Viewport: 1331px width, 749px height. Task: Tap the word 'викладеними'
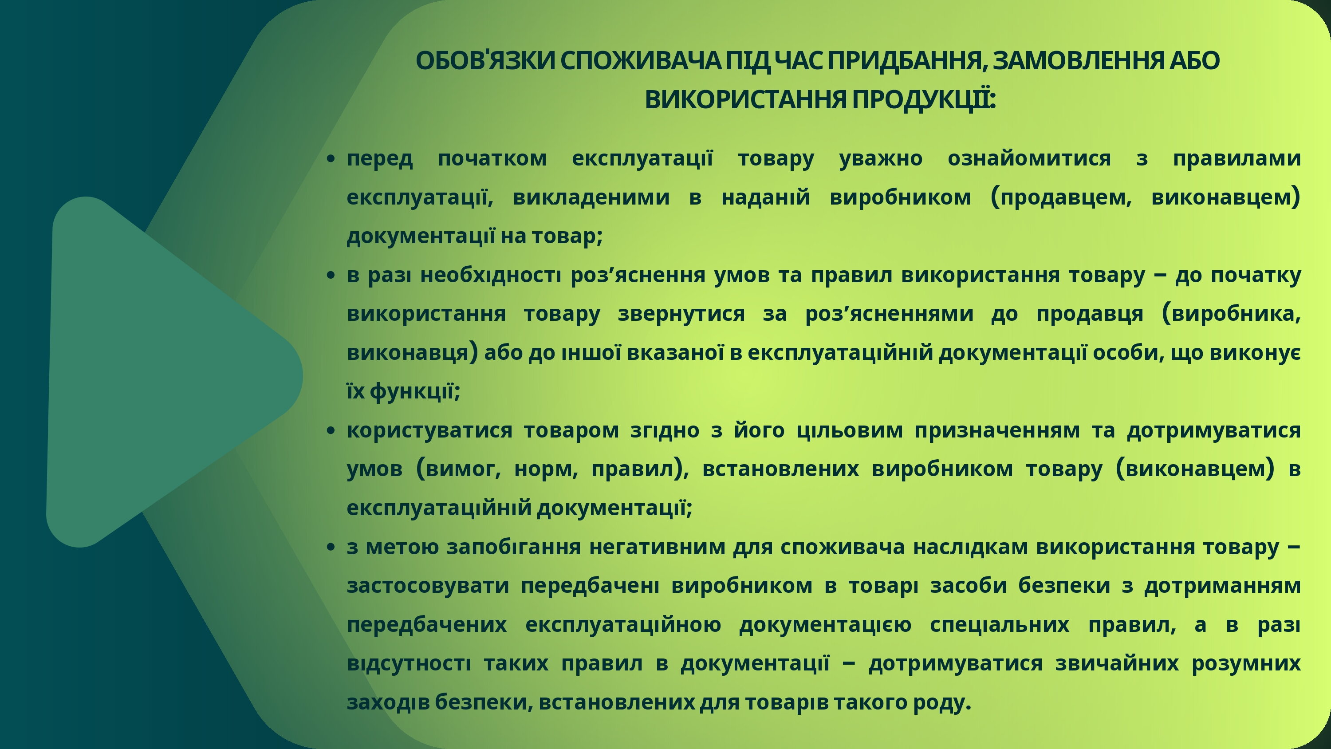(x=591, y=197)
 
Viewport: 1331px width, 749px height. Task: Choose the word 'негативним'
(x=657, y=548)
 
